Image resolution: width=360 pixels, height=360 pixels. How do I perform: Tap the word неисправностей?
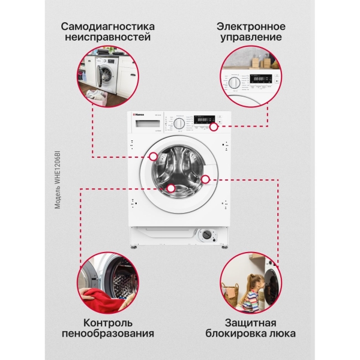pos(107,38)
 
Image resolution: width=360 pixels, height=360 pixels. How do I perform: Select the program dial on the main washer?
pos(178,123)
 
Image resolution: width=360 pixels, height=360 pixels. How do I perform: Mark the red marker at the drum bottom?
pos(171,188)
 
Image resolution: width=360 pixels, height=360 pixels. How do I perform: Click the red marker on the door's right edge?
pos(205,178)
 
